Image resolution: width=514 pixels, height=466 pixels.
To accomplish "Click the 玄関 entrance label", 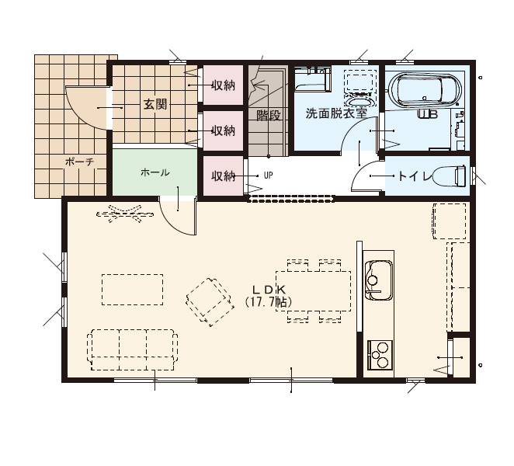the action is click(155, 105).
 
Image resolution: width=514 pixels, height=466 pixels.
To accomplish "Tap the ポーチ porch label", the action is click(80, 162).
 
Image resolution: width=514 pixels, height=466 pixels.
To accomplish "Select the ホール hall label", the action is click(155, 172).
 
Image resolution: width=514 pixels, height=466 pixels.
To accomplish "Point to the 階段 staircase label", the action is click(269, 115).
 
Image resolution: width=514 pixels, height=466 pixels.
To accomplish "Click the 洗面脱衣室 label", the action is click(336, 113).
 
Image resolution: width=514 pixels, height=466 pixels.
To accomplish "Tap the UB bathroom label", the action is click(427, 114).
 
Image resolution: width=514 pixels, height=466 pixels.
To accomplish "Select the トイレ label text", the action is click(415, 177).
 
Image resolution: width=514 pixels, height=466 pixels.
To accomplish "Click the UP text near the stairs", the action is click(269, 176).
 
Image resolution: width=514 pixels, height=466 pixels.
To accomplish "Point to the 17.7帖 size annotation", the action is click(268, 301).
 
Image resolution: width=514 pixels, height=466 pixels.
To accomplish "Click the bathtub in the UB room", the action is click(425, 90).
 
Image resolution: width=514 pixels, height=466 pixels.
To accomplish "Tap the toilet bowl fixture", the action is click(450, 176).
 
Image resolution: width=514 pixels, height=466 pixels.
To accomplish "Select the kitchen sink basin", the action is click(379, 280).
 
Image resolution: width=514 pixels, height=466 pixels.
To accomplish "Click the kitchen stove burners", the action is click(380, 355).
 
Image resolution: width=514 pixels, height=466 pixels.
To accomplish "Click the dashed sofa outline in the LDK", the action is click(133, 350).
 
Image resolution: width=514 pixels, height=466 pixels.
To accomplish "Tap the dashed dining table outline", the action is click(314, 291).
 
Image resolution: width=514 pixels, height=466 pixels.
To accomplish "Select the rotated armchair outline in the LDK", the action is click(210, 302).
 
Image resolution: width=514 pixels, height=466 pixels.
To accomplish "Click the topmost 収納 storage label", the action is click(224, 86).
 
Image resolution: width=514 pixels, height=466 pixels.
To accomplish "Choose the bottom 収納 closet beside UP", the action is click(224, 176).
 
